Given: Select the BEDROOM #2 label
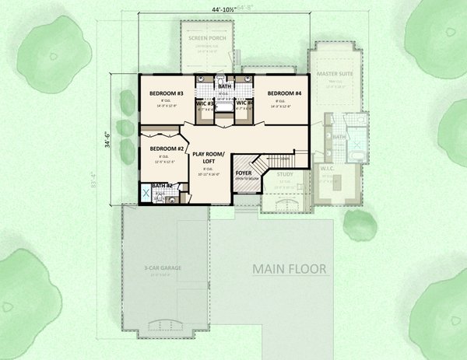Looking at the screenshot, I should coord(166,149).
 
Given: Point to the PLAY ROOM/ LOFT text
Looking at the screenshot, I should coord(208,159).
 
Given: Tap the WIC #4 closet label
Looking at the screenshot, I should coord(244,103).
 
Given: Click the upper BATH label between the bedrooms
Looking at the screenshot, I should coord(224,86).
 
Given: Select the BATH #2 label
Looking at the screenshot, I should coord(161,185).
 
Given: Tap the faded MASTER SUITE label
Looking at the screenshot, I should coord(336,74).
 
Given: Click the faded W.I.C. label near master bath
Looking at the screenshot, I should coord(327,168).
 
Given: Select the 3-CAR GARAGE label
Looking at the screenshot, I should coord(163,267).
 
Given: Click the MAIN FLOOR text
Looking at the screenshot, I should coord(289,269).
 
